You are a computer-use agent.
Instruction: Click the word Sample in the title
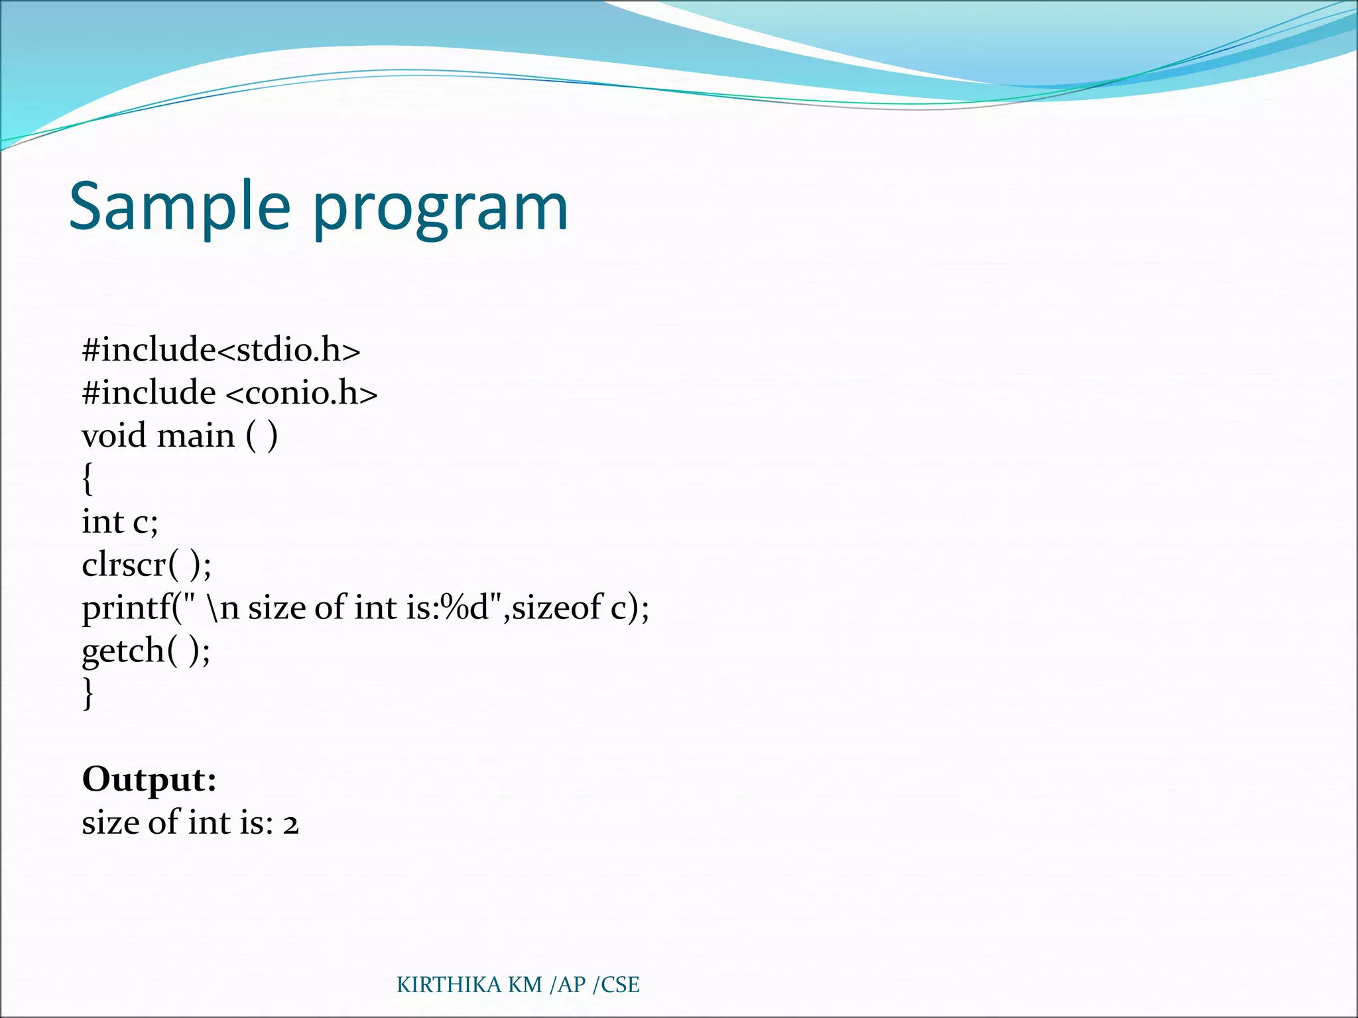tap(179, 207)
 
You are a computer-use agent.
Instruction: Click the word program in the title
tap(440, 211)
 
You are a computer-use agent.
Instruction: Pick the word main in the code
tap(196, 436)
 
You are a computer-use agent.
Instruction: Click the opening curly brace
tap(88, 479)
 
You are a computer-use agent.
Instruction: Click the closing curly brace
tap(88, 693)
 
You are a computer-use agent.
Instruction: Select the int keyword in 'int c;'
tap(103, 522)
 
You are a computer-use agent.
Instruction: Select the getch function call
tap(123, 651)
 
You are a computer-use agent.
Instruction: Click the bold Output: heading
tap(149, 779)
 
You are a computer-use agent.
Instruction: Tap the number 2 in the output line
tap(291, 824)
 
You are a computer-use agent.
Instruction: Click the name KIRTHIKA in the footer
tap(449, 985)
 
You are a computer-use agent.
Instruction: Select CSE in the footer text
tap(620, 985)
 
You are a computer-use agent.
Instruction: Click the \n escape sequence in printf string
tap(223, 607)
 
